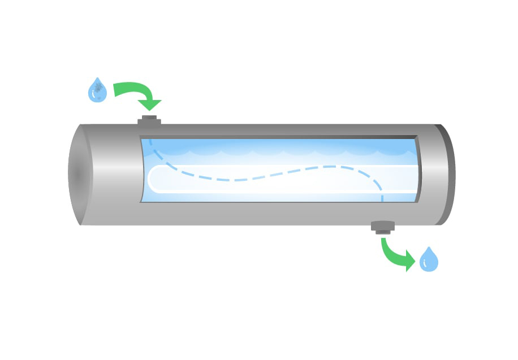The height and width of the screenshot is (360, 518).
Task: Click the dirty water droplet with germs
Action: (98, 90)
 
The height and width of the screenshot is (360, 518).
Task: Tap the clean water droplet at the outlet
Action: (429, 260)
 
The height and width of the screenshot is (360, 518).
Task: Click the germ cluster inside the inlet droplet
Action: (99, 88)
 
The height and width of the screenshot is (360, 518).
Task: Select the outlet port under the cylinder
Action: (383, 227)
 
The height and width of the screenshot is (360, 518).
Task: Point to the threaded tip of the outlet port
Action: (383, 232)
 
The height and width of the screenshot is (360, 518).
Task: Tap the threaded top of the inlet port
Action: (149, 116)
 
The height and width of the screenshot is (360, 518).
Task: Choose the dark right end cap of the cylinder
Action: (445, 174)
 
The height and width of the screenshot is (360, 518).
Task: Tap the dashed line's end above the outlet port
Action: (382, 198)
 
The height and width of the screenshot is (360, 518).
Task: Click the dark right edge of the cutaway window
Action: (418, 170)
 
